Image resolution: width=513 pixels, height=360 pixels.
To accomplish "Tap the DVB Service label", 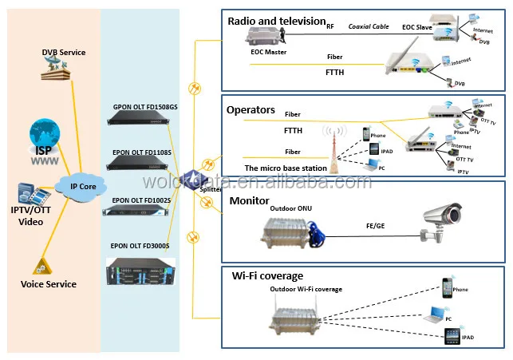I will (x=63, y=53).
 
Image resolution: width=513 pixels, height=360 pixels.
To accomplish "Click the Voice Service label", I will (x=49, y=284).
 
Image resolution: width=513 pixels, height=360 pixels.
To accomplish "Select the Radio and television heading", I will (x=276, y=21).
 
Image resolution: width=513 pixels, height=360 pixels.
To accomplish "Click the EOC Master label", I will (x=268, y=52).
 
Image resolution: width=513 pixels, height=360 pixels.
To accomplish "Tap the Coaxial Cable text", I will (x=368, y=26).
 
